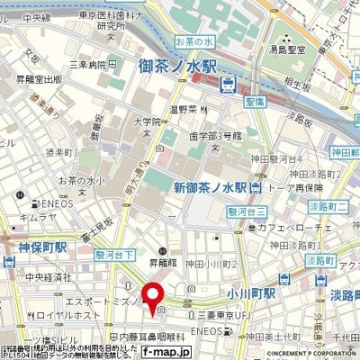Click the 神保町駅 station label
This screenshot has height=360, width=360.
[26, 247]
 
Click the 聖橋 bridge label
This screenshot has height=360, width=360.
[254, 89]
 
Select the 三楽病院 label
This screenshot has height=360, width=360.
[89, 65]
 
